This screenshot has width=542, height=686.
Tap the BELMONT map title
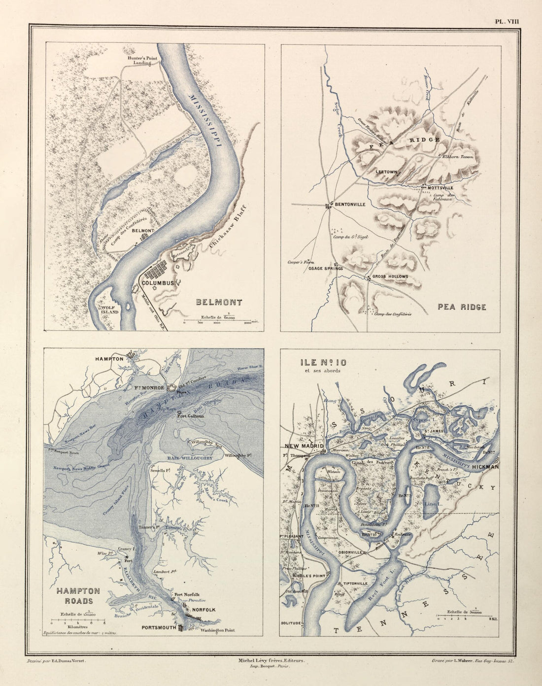[219, 303]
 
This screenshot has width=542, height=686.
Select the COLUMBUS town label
[157, 283]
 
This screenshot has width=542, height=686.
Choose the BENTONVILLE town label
[350, 204]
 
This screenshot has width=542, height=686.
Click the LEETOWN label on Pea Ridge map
[386, 172]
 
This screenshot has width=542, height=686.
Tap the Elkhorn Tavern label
[458, 157]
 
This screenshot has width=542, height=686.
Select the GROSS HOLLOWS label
[390, 276]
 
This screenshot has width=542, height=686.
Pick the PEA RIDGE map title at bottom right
[462, 307]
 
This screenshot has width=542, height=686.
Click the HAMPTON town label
[109, 359]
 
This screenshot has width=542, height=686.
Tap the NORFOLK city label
[203, 610]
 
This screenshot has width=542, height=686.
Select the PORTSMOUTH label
[159, 628]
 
